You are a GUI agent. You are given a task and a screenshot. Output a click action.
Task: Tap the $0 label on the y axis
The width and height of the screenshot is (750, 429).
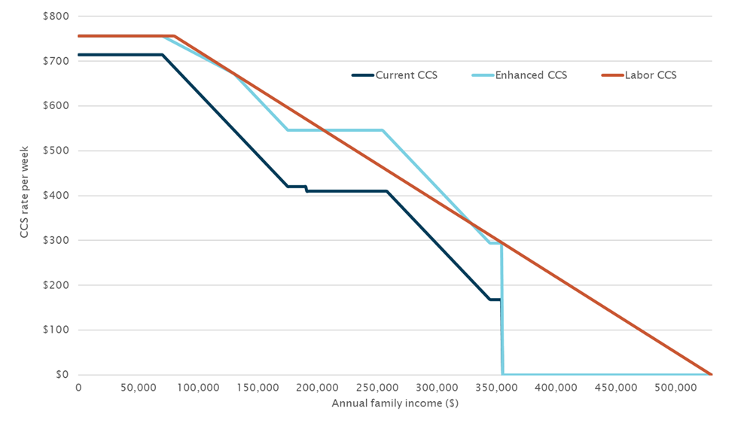62,375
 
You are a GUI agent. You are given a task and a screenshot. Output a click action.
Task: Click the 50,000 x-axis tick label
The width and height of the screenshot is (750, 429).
138,388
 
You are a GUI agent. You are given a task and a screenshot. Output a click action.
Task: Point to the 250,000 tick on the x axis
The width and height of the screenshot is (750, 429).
377,388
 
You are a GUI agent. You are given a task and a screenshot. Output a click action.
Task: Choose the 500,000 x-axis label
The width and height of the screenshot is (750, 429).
675,388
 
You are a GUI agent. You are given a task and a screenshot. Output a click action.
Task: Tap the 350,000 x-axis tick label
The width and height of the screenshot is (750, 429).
496,388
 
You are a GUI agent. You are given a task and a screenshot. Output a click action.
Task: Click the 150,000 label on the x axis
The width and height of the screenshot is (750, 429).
258,388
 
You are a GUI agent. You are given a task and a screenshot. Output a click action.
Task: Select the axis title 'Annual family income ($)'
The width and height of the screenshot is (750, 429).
395,403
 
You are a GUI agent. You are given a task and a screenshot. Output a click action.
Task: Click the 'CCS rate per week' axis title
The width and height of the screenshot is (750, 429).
25,196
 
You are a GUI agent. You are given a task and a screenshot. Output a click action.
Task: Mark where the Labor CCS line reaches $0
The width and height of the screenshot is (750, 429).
711,374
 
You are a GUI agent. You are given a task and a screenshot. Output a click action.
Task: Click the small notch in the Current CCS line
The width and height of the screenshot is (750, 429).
306,189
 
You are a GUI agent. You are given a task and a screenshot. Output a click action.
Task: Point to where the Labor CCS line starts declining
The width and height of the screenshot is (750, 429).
174,35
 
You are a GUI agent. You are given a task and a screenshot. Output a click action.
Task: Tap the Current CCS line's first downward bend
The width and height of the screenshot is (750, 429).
162,54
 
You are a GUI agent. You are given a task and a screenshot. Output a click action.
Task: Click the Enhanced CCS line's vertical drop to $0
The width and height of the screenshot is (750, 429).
502,309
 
